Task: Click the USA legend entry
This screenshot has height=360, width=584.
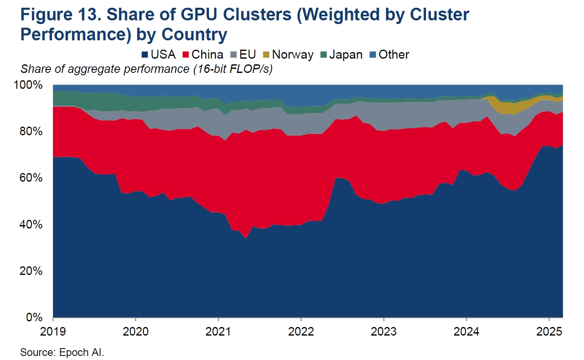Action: tap(159, 55)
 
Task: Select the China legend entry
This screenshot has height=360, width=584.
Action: tap(203, 55)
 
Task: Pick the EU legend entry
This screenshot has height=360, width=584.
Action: tap(243, 55)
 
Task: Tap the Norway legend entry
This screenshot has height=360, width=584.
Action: tap(288, 55)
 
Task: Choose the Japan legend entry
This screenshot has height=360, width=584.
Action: tap(341, 55)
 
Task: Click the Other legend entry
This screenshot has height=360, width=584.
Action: tap(389, 55)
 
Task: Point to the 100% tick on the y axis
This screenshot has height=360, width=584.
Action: tap(28, 85)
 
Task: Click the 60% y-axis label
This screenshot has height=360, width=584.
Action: tap(31, 178)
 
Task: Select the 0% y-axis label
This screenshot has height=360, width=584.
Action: tap(34, 317)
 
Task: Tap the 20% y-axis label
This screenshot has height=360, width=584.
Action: tap(31, 271)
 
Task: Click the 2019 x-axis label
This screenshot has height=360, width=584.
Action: tap(53, 331)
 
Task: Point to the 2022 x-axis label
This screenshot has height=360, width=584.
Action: tap(301, 331)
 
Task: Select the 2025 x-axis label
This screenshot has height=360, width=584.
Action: tap(549, 331)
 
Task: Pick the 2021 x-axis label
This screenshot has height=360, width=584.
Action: tap(218, 331)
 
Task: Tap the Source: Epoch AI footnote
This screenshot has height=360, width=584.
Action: tap(62, 352)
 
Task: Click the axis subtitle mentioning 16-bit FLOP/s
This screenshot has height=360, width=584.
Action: tap(147, 69)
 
